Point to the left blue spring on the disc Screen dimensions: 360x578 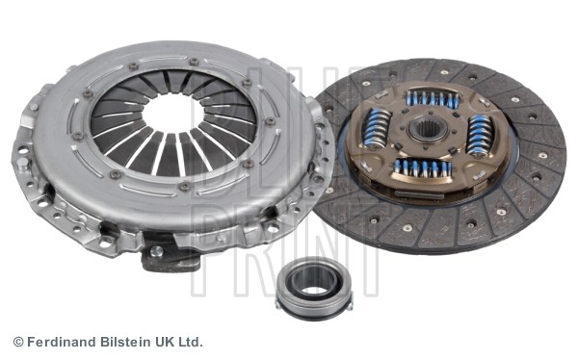[x=378, y=127]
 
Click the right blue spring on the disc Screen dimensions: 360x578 [x=479, y=136]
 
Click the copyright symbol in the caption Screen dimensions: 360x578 [x=17, y=342]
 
